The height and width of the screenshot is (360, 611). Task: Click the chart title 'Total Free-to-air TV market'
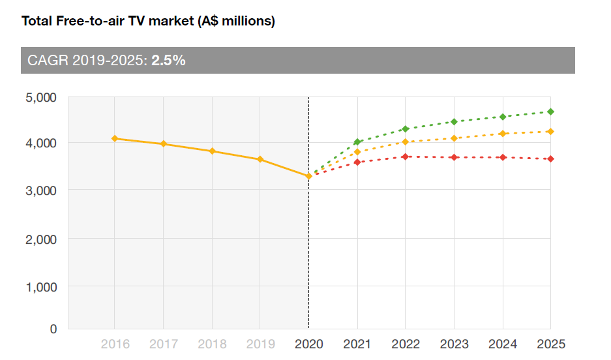pos(148,22)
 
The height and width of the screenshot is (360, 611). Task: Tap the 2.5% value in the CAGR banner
pos(169,61)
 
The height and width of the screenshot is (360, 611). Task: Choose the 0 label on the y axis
pos(53,329)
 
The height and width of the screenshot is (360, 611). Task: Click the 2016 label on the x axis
pos(114,344)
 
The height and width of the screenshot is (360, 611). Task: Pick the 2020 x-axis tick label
pos(308,344)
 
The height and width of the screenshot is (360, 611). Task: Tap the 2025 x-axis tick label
pos(551,344)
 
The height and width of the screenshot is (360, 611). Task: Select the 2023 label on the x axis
pos(454,344)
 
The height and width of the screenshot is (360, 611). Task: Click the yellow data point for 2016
pos(115,138)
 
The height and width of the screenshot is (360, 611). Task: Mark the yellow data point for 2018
pos(212,151)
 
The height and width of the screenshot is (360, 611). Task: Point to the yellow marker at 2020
pos(308,176)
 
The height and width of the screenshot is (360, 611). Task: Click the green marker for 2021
pos(357,142)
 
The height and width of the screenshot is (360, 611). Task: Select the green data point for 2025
pos(551,112)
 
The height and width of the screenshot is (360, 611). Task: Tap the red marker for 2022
pos(406,157)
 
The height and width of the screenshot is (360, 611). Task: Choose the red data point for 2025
pos(551,159)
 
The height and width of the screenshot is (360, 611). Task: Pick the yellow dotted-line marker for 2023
pos(454,138)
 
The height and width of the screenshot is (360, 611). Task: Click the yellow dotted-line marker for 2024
pos(503,134)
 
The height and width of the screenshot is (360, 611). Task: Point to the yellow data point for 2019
pos(260,159)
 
